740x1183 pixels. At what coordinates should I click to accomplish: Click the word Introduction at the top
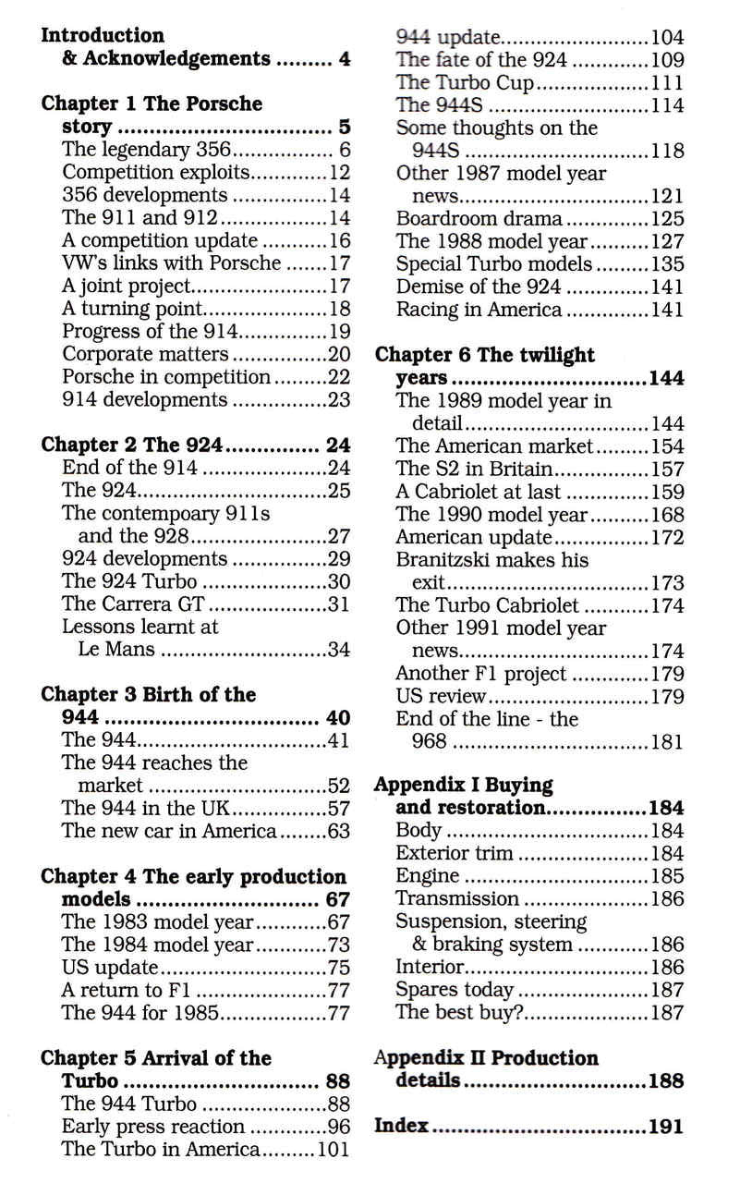[x=103, y=36]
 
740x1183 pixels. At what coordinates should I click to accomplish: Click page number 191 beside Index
[x=665, y=1126]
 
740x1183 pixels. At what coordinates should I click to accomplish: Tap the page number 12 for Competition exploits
[x=339, y=173]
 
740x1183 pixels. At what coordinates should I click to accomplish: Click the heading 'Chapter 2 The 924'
[x=132, y=445]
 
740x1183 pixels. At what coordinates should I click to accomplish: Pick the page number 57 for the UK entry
[x=339, y=808]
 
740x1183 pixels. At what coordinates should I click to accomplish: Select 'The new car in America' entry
[x=169, y=831]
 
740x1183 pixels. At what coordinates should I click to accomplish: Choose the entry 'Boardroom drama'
[x=479, y=219]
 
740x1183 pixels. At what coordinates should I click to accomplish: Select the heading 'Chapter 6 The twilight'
[x=484, y=355]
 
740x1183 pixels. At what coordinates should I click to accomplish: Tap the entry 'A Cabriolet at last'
[x=478, y=492]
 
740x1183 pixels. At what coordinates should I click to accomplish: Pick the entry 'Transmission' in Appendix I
[x=457, y=898]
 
